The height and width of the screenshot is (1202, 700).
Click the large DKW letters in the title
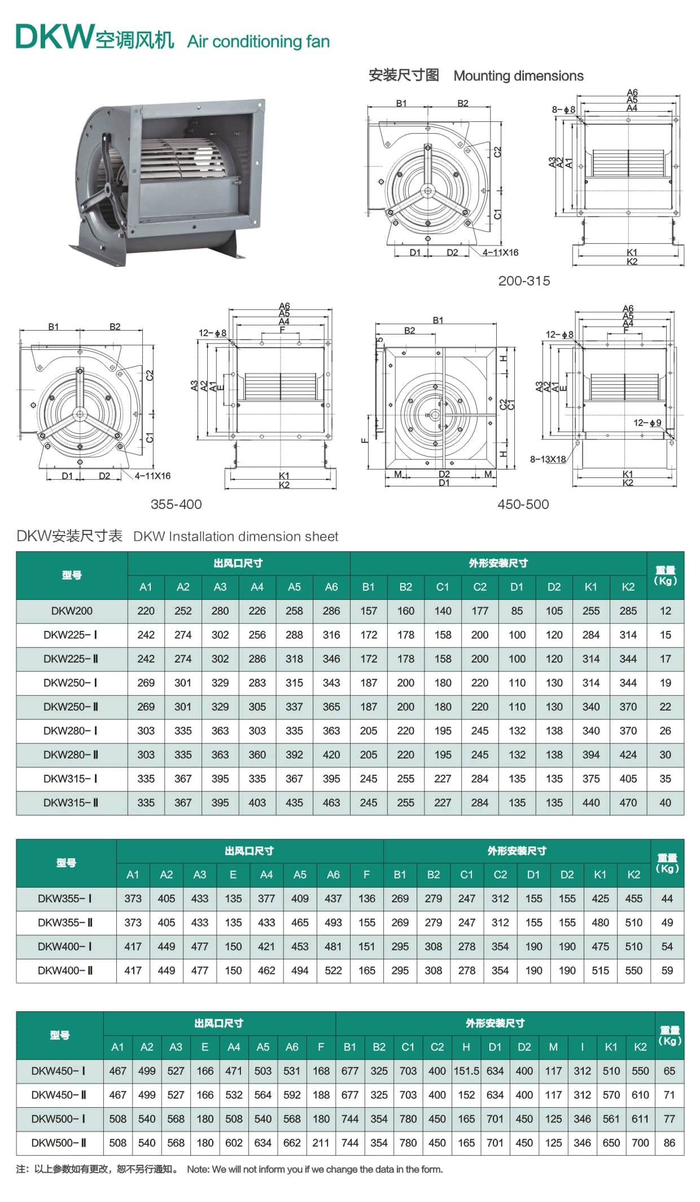pyautogui.click(x=54, y=37)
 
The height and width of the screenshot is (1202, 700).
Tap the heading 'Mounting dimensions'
pyautogui.click(x=518, y=76)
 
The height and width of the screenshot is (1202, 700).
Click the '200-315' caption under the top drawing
pyautogui.click(x=523, y=280)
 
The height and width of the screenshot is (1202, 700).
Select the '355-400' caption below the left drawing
pyautogui.click(x=176, y=504)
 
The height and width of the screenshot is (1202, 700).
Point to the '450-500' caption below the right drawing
pyautogui.click(x=523, y=504)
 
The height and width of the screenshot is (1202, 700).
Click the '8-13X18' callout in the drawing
pyautogui.click(x=547, y=459)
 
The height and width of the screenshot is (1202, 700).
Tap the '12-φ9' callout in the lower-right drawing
pyautogui.click(x=647, y=422)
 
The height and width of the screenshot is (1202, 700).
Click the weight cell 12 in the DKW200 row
pyautogui.click(x=665, y=611)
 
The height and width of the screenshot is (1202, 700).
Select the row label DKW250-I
pyautogui.click(x=71, y=683)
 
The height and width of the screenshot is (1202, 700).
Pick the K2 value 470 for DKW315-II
pyautogui.click(x=628, y=802)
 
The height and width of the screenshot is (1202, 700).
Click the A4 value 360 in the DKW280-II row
pyautogui.click(x=257, y=754)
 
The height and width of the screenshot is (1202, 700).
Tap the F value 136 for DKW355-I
pyautogui.click(x=366, y=898)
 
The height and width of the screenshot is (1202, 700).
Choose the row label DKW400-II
pyautogui.click(x=65, y=971)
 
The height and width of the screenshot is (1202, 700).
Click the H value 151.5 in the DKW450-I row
pyautogui.click(x=466, y=1071)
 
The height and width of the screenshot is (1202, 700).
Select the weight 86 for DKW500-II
pyautogui.click(x=669, y=1143)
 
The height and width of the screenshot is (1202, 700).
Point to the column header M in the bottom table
pyautogui.click(x=553, y=1047)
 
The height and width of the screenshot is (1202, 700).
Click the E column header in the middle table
pyautogui.click(x=233, y=875)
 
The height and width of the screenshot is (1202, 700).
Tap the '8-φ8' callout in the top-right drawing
pyautogui.click(x=563, y=109)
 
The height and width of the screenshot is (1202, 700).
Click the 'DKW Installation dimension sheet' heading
pyautogui.click(x=235, y=536)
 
